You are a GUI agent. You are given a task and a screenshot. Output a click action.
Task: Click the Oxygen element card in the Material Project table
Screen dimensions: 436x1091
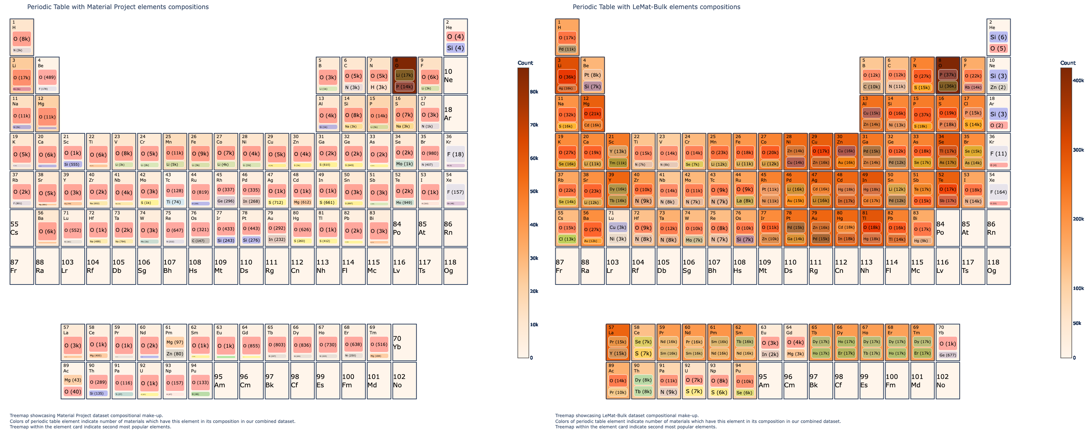(x=404, y=75)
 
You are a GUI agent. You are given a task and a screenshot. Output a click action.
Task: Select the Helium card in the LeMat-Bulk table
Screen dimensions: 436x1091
(x=998, y=37)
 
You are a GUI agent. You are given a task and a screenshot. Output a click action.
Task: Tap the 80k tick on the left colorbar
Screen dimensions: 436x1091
(x=533, y=92)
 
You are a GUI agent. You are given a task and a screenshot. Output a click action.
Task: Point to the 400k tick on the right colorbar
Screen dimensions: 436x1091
(x=1078, y=80)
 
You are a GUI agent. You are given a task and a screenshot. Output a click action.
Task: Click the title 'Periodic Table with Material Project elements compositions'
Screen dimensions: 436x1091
(x=118, y=7)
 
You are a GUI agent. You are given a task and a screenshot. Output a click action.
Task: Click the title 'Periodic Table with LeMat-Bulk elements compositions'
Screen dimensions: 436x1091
(x=656, y=7)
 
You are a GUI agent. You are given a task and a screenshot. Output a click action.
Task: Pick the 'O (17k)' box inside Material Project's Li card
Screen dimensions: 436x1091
(x=21, y=77)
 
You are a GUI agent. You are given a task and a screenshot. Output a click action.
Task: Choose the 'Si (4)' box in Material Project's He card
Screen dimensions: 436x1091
(x=455, y=48)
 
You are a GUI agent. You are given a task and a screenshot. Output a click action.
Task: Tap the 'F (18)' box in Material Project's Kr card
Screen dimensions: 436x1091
(x=455, y=154)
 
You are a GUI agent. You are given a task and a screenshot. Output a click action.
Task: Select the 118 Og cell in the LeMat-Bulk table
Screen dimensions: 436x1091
(x=998, y=266)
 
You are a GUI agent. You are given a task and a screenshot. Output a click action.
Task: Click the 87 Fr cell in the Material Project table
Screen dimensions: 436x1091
(x=21, y=266)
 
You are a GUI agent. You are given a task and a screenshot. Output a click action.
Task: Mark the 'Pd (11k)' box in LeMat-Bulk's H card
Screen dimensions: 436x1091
(x=567, y=49)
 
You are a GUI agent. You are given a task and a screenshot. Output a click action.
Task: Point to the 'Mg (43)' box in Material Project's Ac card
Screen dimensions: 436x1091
(x=73, y=380)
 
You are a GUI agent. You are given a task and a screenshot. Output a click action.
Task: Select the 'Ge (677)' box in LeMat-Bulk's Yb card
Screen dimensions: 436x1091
(x=947, y=355)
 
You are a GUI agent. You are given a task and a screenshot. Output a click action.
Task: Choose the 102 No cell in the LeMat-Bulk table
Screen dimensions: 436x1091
(x=947, y=380)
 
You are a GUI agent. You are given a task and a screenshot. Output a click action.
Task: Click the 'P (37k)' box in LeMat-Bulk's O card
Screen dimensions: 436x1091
(x=947, y=74)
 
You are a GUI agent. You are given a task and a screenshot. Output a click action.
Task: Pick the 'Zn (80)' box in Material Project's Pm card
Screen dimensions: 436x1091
(x=175, y=354)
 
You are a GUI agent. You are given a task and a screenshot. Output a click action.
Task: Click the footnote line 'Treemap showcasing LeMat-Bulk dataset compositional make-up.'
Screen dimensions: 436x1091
(x=627, y=416)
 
